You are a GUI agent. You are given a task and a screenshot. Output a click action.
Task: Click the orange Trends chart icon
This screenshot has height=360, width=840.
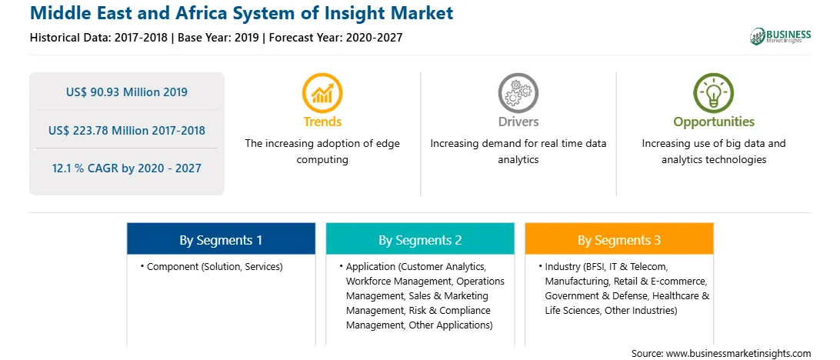tap(322, 93)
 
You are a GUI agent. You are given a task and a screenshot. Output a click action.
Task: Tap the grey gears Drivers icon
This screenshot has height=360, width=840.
tap(518, 93)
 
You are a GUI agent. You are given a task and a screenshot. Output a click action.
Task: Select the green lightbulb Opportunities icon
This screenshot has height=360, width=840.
tap(714, 93)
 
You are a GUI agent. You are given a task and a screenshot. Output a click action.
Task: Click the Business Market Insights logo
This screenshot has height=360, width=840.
tap(780, 36)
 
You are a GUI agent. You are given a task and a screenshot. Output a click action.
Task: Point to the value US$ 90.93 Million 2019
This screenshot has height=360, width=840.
tap(127, 92)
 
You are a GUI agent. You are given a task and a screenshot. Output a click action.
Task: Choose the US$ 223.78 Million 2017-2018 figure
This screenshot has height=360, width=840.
tap(127, 130)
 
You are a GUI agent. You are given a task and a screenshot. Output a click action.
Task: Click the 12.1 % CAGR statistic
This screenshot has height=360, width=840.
tap(127, 168)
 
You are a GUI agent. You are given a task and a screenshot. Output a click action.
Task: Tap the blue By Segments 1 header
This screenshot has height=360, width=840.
tap(221, 240)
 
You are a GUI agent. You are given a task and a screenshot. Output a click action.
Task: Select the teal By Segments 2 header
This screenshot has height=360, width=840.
tap(420, 240)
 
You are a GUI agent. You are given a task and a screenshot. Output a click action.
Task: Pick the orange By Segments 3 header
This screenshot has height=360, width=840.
tap(618, 240)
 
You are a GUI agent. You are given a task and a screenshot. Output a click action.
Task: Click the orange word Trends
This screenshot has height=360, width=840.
tap(322, 122)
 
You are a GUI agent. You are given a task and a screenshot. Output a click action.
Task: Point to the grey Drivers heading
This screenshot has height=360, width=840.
tap(518, 122)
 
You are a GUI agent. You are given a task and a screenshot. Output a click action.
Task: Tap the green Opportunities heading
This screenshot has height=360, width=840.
tap(714, 122)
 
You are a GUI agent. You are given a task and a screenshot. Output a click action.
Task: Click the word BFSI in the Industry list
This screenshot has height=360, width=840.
tap(598, 266)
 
